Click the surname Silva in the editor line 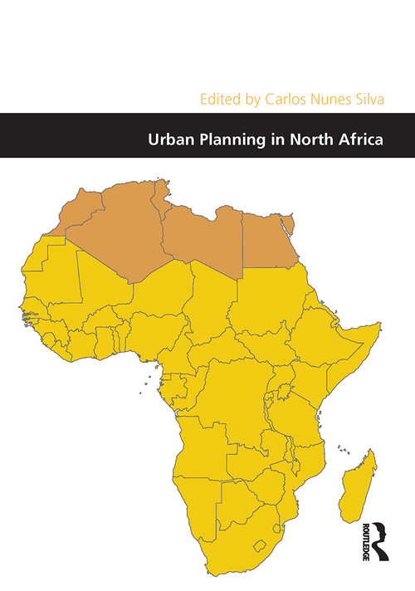[366, 97]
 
